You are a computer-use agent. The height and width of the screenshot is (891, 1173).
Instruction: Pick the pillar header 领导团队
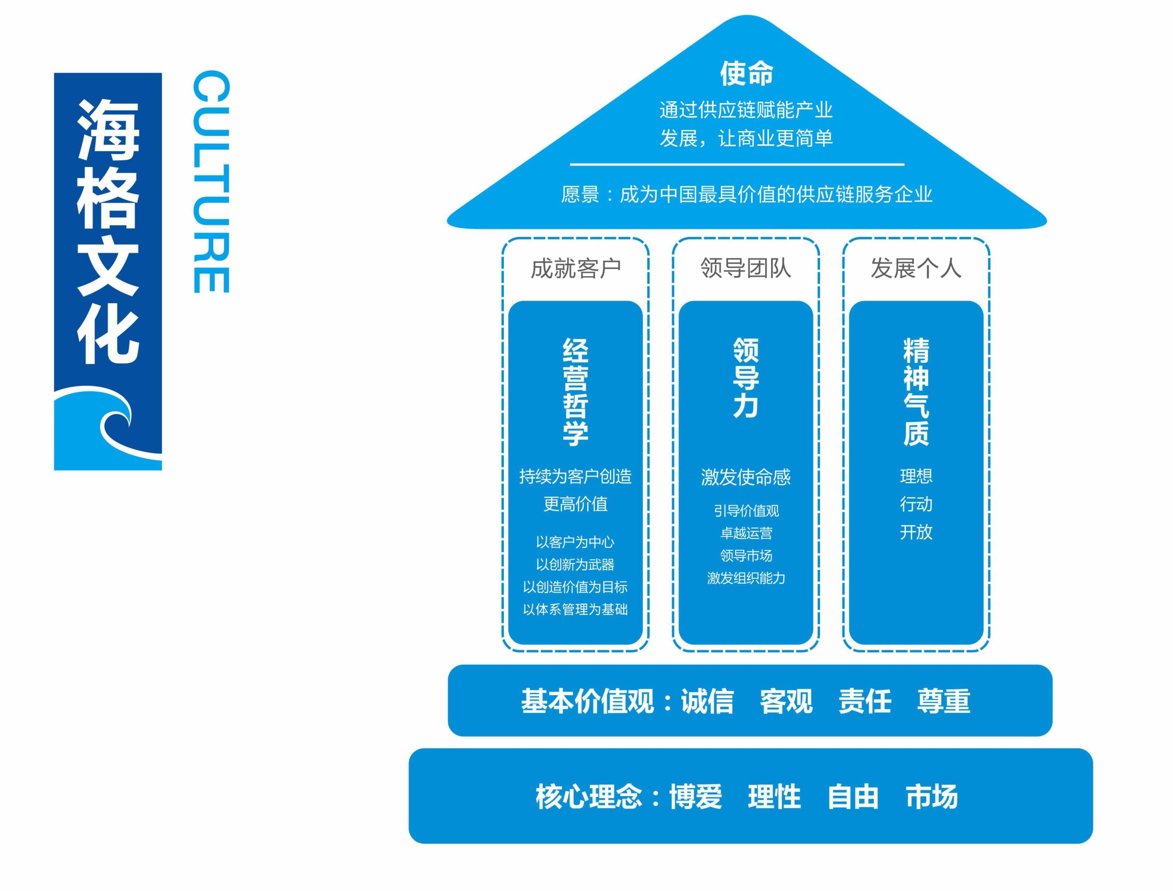click(x=746, y=268)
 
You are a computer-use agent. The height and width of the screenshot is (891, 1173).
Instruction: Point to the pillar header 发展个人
click(x=916, y=268)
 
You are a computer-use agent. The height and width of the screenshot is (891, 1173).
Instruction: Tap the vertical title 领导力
click(x=746, y=378)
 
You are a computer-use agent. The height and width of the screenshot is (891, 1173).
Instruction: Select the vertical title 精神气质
click(x=916, y=392)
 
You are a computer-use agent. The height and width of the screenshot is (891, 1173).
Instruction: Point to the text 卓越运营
click(x=746, y=533)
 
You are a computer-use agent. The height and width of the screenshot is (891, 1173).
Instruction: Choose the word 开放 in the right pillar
click(x=916, y=532)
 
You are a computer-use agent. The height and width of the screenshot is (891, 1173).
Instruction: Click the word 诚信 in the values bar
click(x=707, y=701)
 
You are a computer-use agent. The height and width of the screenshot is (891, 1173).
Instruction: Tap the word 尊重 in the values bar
click(x=943, y=701)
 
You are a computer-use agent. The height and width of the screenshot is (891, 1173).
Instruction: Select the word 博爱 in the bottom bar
click(x=695, y=797)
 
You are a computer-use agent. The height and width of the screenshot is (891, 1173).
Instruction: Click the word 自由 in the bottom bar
click(x=852, y=797)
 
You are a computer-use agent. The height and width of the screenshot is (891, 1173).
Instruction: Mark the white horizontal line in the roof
click(x=737, y=164)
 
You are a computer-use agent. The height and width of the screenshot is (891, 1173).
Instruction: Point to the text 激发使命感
click(x=746, y=477)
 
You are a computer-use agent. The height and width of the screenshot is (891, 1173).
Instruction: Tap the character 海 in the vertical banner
click(x=108, y=130)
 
